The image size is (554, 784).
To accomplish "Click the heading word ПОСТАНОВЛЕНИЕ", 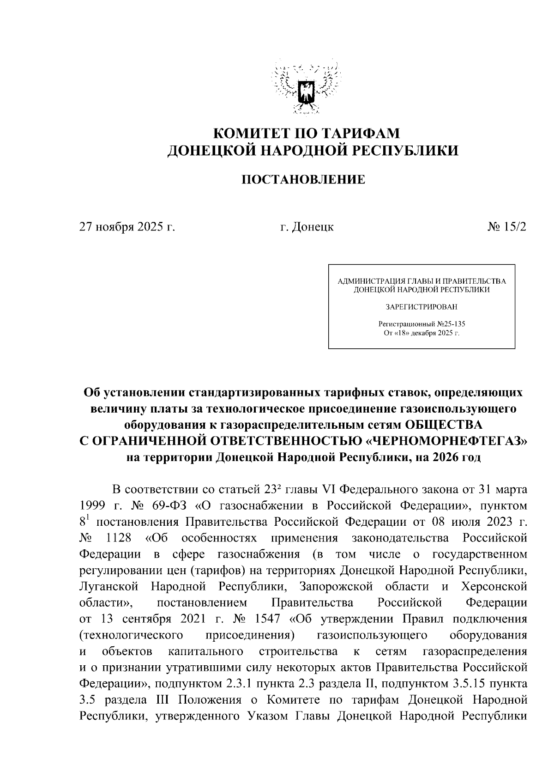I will click(304, 179).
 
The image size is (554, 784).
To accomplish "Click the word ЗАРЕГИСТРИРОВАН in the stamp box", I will click(422, 306).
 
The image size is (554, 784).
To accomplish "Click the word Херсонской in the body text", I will click(494, 586).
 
